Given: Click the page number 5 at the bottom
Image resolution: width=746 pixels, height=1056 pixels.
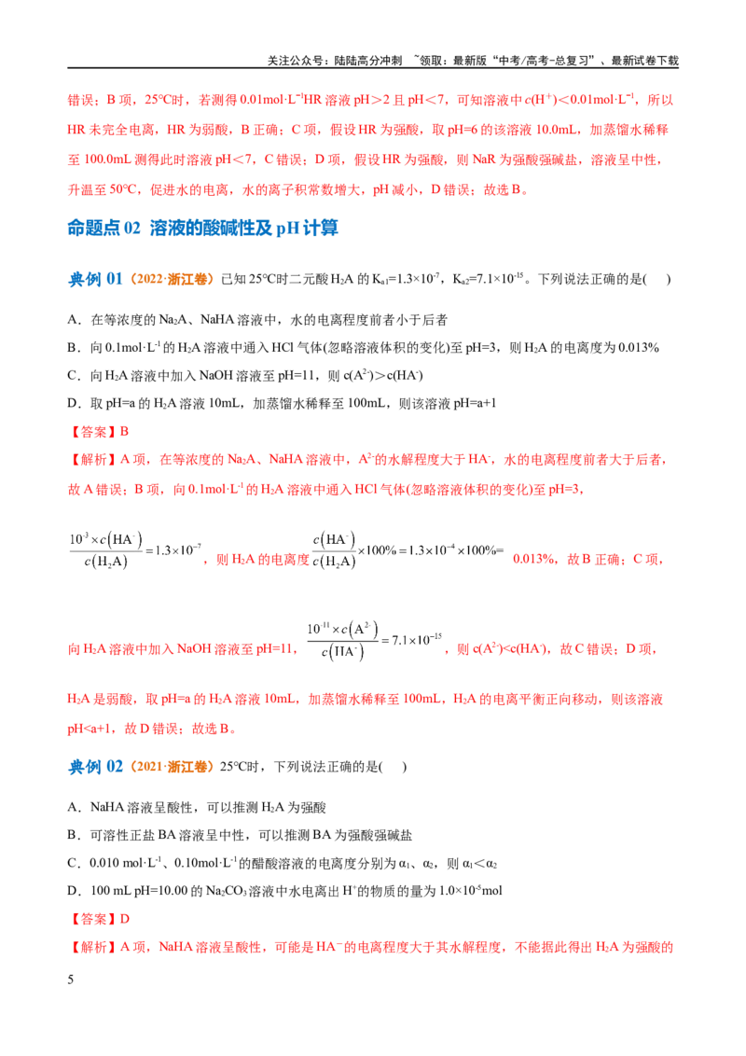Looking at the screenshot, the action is pos(71,980).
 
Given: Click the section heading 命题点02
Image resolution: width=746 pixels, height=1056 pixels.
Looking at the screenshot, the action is pos(104,229).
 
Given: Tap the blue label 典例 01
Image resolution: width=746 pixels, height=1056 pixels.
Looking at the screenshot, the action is pos(96,279).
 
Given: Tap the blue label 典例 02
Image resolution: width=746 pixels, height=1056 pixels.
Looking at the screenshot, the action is pos(96,767).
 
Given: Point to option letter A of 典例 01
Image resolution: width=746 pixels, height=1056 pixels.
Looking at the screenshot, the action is pos(74,320).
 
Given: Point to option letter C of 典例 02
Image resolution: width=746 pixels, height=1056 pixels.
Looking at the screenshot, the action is pos(74,863).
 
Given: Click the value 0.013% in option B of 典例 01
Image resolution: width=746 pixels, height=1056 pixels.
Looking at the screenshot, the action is pos(638,348).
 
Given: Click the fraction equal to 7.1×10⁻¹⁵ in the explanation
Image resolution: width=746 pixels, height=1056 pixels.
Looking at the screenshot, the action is pos(343,641).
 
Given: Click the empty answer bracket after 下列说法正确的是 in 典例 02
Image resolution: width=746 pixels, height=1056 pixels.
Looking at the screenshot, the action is pos(394,767).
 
